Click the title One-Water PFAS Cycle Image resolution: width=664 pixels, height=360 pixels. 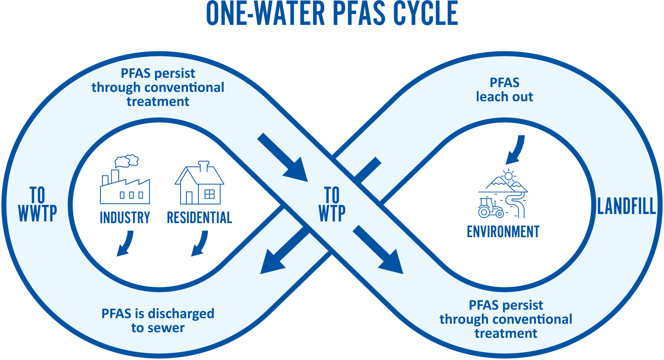(x=332, y=13)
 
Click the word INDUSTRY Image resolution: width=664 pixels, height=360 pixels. (x=125, y=218)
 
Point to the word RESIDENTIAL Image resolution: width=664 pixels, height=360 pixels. (x=199, y=218)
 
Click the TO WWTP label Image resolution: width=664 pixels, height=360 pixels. (x=37, y=204)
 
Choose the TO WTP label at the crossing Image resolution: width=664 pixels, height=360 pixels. (x=332, y=204)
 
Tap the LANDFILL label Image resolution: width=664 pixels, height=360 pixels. (x=626, y=206)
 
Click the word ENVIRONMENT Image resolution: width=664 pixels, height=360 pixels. (x=503, y=231)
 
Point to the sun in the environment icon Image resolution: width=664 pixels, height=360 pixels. (x=508, y=175)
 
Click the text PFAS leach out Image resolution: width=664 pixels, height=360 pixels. (x=504, y=90)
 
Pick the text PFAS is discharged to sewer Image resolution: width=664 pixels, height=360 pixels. (x=158, y=321)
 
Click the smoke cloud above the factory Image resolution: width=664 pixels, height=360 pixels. (x=127, y=161)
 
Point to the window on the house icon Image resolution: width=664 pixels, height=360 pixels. (x=210, y=194)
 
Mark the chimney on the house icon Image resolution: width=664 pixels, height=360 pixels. (x=203, y=166)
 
